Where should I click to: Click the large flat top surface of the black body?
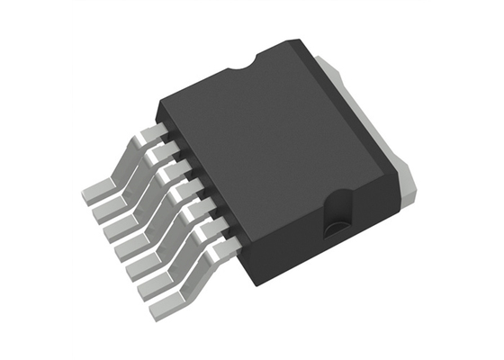click(x=270, y=135)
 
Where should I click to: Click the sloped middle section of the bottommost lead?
click(x=198, y=270)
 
